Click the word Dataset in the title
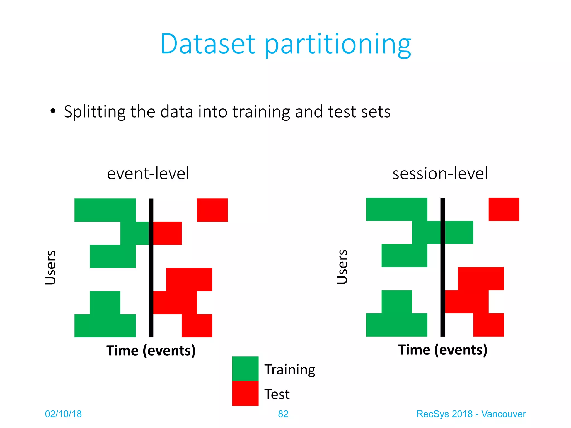208,44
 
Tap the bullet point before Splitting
53,111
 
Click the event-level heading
148,173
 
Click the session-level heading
440,173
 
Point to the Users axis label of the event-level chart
50,267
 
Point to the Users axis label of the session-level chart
342,267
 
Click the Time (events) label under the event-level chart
151,351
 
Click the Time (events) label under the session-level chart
442,350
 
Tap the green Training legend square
245,368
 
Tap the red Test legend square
245,393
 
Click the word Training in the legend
290,370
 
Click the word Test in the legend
277,394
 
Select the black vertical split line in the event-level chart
151,267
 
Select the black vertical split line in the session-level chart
442,267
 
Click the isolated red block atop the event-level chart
212,210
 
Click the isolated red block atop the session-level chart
504,209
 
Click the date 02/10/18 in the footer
63,414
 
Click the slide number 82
283,414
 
